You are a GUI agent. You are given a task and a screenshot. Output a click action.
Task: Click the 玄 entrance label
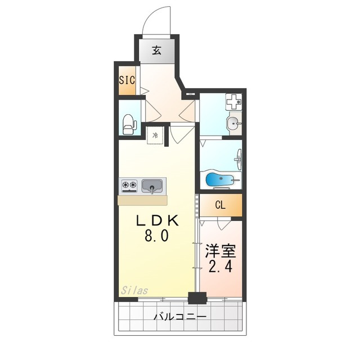157,50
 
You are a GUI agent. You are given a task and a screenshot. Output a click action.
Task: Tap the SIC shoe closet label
127,80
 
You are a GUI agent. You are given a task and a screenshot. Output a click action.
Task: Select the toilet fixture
129,124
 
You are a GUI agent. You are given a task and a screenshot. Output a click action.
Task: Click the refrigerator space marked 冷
155,135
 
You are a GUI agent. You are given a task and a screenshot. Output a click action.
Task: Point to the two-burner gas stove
129,186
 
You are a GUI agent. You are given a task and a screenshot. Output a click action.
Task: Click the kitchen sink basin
152,186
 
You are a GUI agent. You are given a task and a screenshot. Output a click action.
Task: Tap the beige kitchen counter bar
142,200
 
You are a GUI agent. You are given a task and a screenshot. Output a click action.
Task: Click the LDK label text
157,221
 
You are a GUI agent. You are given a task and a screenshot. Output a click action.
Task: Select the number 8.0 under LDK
156,236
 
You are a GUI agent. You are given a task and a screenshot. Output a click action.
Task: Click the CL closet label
220,205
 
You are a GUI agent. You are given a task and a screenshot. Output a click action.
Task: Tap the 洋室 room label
220,251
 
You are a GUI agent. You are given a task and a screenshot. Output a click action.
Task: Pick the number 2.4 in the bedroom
220,266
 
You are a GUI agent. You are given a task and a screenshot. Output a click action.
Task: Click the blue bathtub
220,179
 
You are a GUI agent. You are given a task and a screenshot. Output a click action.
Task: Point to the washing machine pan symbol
234,102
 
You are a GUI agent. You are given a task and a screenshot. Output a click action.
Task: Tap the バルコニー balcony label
180,317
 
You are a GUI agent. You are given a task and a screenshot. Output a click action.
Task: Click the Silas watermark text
134,291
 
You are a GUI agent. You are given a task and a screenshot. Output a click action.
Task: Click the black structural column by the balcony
197,298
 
